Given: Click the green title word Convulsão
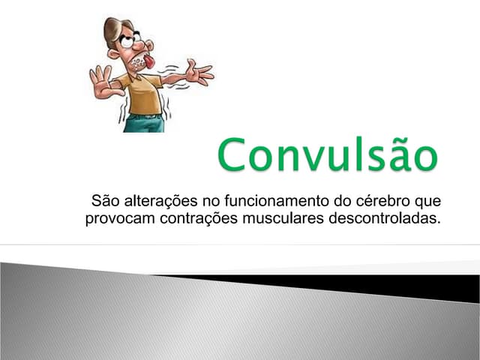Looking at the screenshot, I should [328, 155].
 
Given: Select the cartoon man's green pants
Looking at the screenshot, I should [144, 123].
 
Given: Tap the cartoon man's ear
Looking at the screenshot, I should [113, 53].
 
